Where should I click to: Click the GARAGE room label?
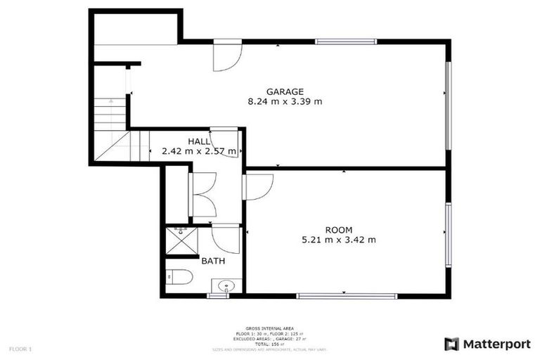tap(285, 91)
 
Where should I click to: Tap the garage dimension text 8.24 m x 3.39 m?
tap(285, 101)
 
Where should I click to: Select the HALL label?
tap(198, 141)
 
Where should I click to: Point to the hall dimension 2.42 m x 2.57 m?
tap(199, 150)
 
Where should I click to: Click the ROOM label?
tap(339, 230)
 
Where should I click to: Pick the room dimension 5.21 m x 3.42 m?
tap(339, 240)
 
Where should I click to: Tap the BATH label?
tap(213, 261)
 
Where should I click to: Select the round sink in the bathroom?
tap(226, 285)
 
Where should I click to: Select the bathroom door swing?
tap(226, 239)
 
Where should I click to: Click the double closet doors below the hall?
tap(202, 194)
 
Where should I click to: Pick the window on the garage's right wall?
tap(447, 105)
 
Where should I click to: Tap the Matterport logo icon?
tap(451, 344)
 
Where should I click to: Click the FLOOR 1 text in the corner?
tap(20, 349)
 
